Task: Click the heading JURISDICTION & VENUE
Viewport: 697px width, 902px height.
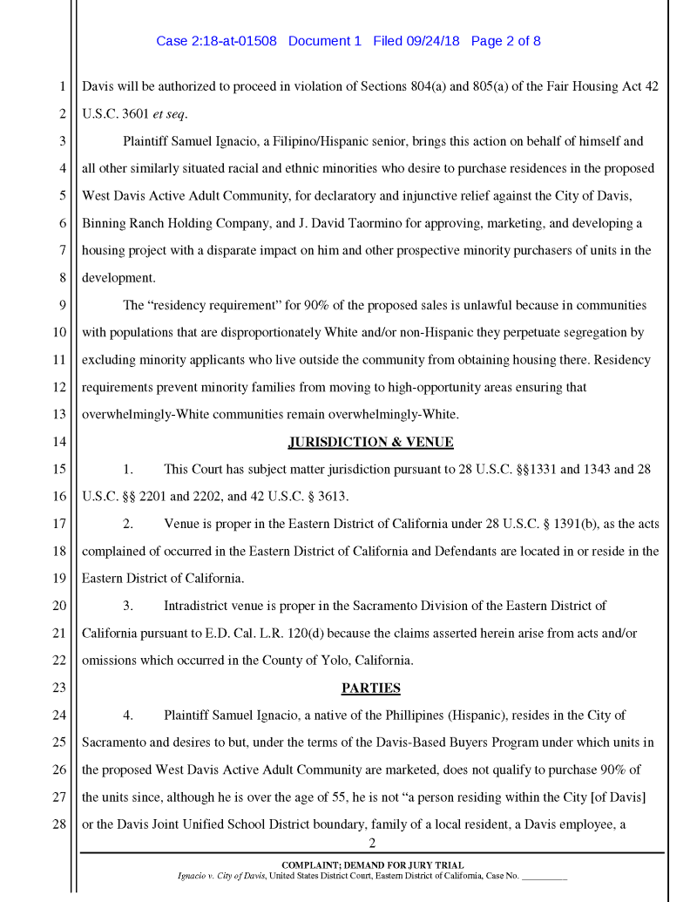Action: tap(370, 442)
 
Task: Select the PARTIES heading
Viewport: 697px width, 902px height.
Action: tap(370, 688)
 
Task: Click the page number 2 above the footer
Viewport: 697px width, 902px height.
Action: tap(371, 843)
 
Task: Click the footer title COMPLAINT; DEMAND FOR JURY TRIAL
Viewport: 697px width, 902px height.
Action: tap(371, 865)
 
